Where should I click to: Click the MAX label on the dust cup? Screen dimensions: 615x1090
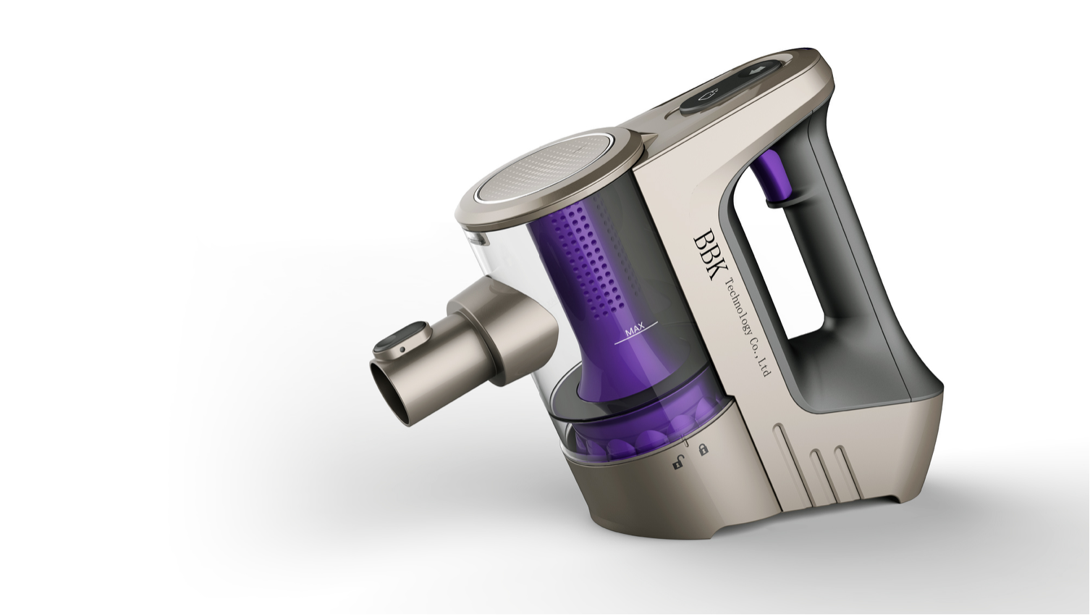pos(634,330)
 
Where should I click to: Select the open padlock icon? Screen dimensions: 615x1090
pos(677,462)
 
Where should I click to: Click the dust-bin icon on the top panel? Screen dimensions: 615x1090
pos(711,93)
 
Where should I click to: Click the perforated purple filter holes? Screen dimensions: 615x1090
pos(593,261)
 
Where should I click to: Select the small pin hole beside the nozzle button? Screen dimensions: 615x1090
pos(401,351)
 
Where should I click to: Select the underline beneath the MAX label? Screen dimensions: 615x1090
pos(635,339)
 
